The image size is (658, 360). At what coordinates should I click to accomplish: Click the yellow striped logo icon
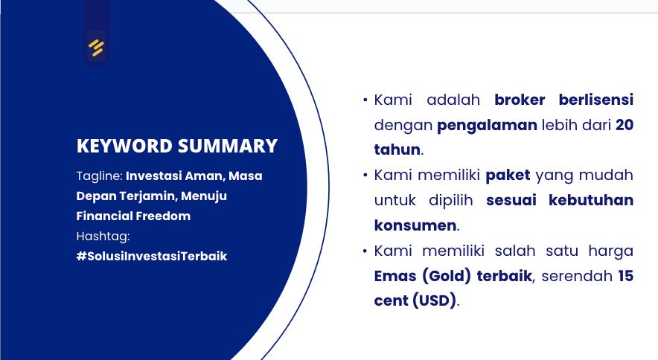point(96,48)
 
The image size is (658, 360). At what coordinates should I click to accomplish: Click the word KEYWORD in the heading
point(124,146)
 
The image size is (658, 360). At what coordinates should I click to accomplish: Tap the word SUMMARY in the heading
point(228,146)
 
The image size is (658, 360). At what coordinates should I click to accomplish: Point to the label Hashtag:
point(103,237)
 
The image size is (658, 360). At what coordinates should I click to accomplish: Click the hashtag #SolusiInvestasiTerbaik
point(152,256)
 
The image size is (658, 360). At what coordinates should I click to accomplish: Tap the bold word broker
point(520,100)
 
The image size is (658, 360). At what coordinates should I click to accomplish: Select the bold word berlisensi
point(596,100)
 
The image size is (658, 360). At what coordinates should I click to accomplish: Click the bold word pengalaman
point(487,126)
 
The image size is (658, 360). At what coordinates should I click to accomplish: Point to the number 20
point(625,125)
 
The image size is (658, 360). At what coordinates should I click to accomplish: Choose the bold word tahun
point(397,150)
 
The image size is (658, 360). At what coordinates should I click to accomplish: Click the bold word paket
point(508,176)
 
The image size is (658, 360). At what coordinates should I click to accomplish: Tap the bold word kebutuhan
point(591,200)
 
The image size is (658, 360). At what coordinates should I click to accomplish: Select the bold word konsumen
point(415,225)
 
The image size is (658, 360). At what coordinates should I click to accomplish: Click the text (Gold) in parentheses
point(447,276)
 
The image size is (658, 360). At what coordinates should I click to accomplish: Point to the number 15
point(626,276)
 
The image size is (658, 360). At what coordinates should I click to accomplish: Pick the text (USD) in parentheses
point(435,300)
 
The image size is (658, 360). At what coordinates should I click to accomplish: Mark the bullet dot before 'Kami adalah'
point(365,100)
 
